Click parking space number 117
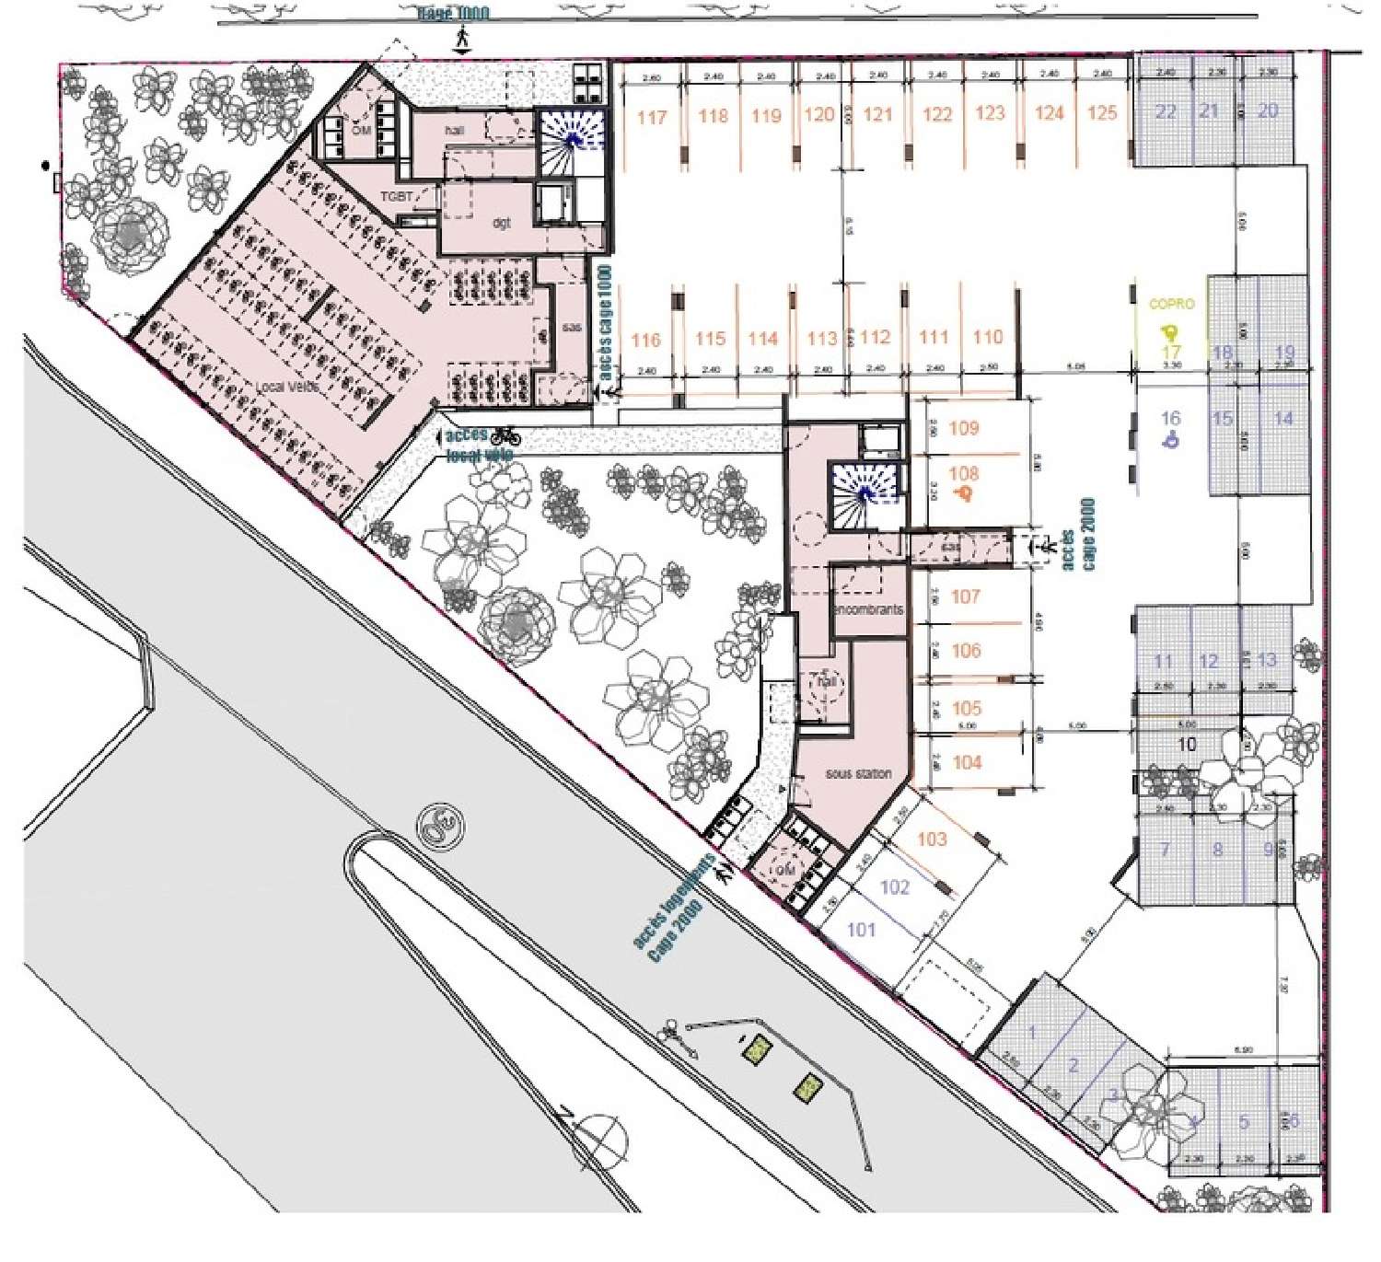652,118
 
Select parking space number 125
1102,112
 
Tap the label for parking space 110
988,337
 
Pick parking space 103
932,839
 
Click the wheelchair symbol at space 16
1171,440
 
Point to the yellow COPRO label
1171,304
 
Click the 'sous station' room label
858,774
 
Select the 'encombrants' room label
868,609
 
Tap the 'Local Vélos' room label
288,388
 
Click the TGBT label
397,197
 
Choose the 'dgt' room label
501,223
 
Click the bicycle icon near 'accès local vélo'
505,435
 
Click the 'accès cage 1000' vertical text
605,324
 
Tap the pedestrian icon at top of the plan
462,39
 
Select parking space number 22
1166,111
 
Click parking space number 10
1187,744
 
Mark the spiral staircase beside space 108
865,495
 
